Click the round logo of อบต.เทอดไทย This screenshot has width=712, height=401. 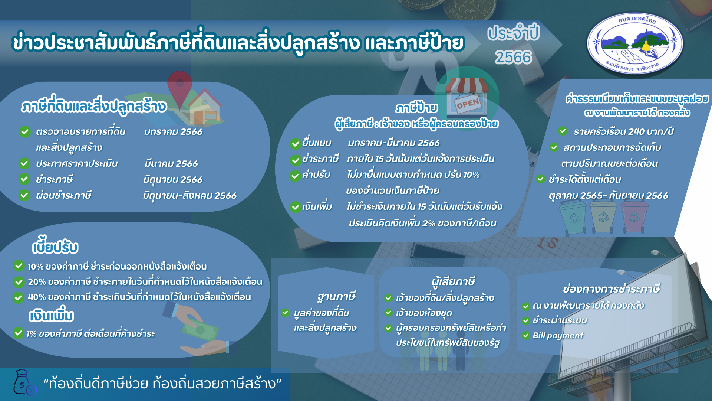pyautogui.click(x=635, y=44)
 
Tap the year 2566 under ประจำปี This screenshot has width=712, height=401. pyautogui.click(x=513, y=57)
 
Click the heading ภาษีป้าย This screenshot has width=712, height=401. pyautogui.click(x=416, y=108)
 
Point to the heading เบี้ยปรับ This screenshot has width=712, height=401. pyautogui.click(x=55, y=247)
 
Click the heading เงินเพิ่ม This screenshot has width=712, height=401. pyautogui.click(x=51, y=315)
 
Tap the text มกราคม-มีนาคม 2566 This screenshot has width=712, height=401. pyautogui.click(x=393, y=143)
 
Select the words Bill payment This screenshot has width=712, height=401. pyautogui.click(x=558, y=336)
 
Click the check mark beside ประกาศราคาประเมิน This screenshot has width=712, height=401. pyautogui.click(x=24, y=163)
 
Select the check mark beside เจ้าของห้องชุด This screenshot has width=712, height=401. pyautogui.click(x=388, y=313)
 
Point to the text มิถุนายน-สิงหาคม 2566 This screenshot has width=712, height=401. pyautogui.click(x=189, y=196)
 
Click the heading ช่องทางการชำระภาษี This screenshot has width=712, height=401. pyautogui.click(x=611, y=288)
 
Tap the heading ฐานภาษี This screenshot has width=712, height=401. pyautogui.click(x=336, y=296)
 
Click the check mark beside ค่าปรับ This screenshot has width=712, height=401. pyautogui.click(x=295, y=176)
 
